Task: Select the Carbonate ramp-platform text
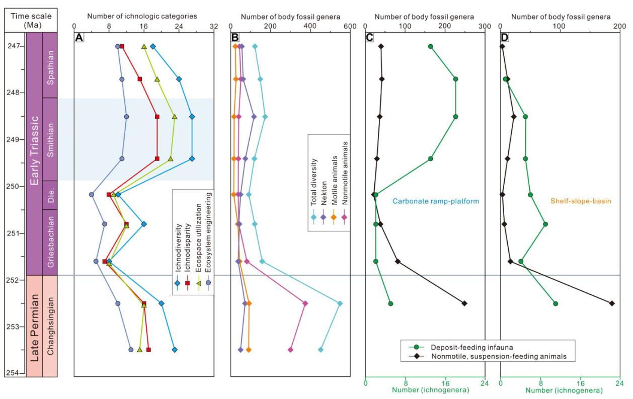point(435,201)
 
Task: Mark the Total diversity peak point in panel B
point(340,303)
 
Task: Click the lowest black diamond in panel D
point(612,303)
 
